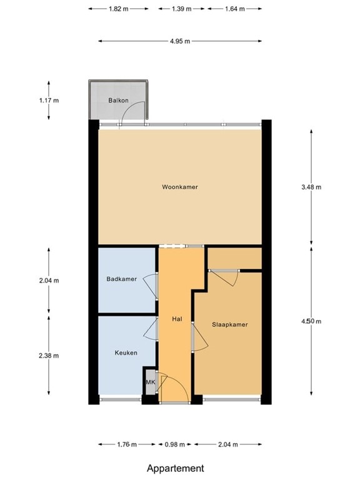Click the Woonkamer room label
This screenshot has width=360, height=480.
coord(179,187)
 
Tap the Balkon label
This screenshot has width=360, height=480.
coord(117,100)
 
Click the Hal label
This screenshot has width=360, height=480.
coord(177,319)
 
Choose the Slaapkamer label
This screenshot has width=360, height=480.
coord(229,324)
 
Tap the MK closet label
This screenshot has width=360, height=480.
coord(150,382)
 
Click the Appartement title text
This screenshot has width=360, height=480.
coord(175,467)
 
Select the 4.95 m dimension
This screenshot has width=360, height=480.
coord(179,41)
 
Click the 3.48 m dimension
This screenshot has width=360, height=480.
coord(311,187)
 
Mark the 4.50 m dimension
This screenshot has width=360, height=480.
coord(311,321)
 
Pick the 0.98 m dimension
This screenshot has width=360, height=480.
coord(174,445)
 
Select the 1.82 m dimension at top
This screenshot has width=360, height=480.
coord(119,9)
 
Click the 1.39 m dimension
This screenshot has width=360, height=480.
coord(180,9)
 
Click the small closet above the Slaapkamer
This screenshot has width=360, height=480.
coord(234,257)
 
